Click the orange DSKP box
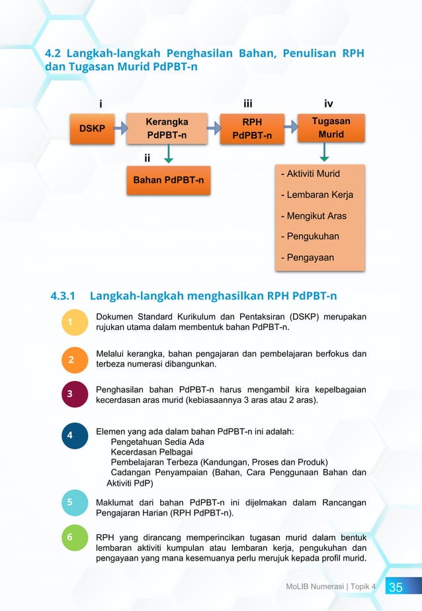pyautogui.click(x=92, y=129)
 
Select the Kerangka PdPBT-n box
pyautogui.click(x=167, y=129)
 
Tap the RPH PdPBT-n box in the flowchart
pyautogui.click(x=251, y=129)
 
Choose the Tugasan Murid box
pyautogui.click(x=331, y=128)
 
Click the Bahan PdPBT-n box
pyautogui.click(x=169, y=180)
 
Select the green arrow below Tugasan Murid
pyautogui.click(x=325, y=153)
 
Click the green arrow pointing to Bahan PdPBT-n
pyautogui.click(x=169, y=154)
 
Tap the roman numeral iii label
pyautogui.click(x=248, y=104)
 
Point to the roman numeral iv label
pyautogui.click(x=329, y=104)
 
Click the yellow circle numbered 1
pyautogui.click(x=70, y=322)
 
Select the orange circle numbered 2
pyautogui.click(x=70, y=360)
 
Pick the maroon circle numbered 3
pyautogui.click(x=70, y=395)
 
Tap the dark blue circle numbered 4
pyautogui.click(x=70, y=435)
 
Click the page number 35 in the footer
pyautogui.click(x=396, y=588)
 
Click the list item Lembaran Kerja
pyautogui.click(x=317, y=195)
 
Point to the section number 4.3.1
pyautogui.click(x=64, y=295)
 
